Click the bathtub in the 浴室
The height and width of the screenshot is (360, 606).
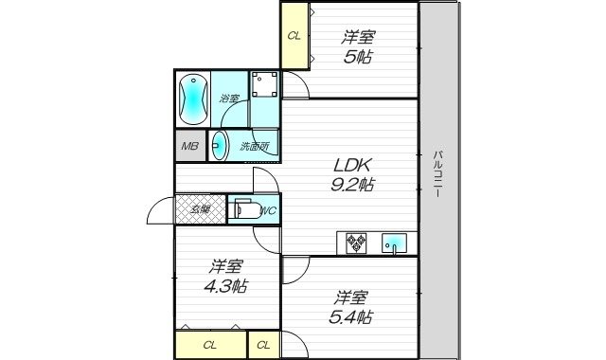click(191, 98)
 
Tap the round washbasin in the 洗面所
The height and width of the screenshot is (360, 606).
click(220, 146)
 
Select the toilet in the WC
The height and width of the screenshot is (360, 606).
click(245, 209)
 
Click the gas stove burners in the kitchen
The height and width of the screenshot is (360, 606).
click(358, 243)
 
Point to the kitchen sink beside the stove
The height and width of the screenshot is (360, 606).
click(393, 244)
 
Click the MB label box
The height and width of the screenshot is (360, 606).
click(190, 146)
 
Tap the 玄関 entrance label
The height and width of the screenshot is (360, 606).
click(201, 209)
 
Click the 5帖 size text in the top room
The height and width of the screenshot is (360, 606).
click(358, 57)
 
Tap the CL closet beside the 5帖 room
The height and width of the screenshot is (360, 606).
click(294, 36)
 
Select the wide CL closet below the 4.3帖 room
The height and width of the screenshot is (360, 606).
click(210, 345)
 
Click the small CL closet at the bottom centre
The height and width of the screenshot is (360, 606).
click(263, 345)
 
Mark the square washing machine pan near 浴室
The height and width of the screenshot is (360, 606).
click(264, 84)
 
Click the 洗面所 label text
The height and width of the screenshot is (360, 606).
click(254, 146)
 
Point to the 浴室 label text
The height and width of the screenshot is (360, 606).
click(229, 99)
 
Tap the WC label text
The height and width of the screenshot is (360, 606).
click(267, 210)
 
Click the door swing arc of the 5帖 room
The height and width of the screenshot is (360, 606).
click(295, 87)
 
